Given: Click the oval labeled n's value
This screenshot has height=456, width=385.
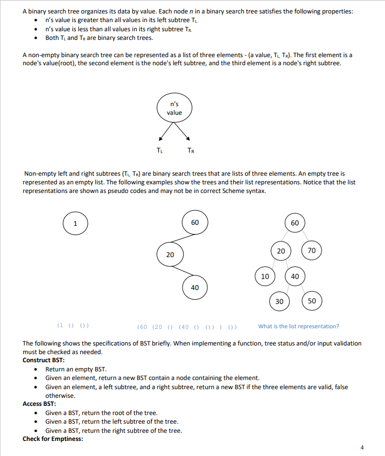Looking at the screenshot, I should (174, 108).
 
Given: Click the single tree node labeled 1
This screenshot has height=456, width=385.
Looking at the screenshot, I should (75, 223).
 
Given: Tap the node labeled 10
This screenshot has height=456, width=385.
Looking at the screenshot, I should (265, 276).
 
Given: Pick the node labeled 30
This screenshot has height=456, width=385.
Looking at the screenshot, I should (279, 301).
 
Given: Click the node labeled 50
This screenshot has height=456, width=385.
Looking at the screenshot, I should (312, 301).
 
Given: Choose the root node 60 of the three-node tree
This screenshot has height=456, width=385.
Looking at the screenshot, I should (194, 223).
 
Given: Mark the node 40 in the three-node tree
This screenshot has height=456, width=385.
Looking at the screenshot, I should (194, 287).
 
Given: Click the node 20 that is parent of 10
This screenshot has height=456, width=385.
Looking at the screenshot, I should (281, 251).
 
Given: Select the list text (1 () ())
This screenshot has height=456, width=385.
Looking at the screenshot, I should (73, 326).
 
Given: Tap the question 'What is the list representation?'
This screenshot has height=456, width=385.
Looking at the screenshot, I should (298, 326).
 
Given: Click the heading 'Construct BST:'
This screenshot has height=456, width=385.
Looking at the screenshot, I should (44, 360).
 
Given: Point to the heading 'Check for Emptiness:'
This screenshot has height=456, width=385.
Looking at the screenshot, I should (53, 439).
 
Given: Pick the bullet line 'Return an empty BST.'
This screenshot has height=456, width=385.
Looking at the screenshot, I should (75, 369).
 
